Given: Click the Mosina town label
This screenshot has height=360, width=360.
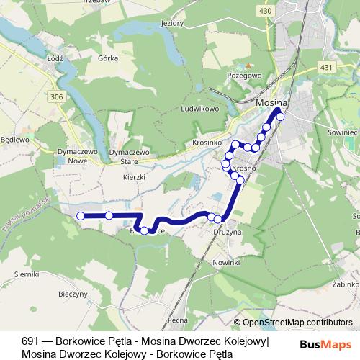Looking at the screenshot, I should [271, 103].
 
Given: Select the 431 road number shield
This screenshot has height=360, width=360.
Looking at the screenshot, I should [327, 67].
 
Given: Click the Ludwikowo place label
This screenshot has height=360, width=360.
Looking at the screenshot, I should [201, 109].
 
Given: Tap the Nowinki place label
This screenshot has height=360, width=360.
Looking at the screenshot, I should [226, 263].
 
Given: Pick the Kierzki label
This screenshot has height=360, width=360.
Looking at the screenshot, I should [135, 176].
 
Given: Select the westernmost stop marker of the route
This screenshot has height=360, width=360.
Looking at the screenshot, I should [81, 216].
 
